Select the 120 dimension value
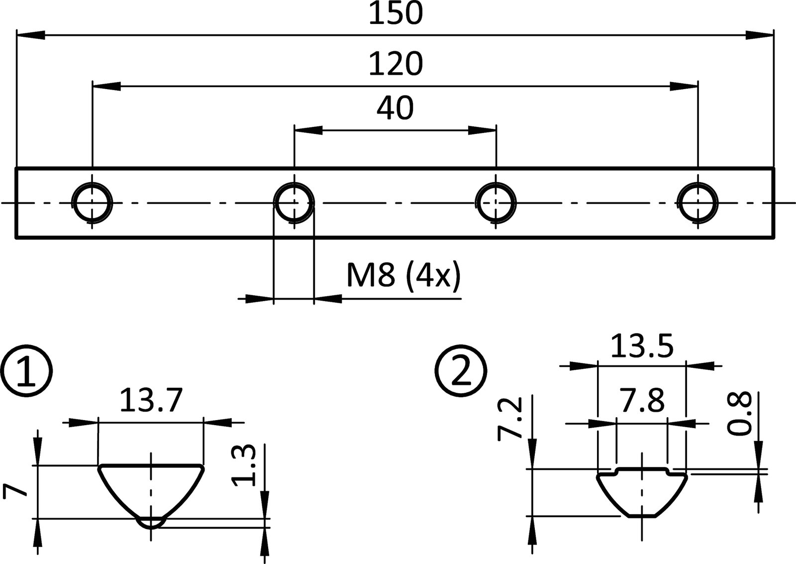click(396, 64)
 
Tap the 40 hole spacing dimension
click(395, 108)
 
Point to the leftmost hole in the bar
click(93, 203)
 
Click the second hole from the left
click(295, 203)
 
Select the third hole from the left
click(496, 203)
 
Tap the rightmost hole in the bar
click(698, 203)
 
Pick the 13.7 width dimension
click(151, 401)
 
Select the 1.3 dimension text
click(244, 465)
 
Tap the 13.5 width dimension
click(641, 346)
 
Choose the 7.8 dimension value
click(641, 400)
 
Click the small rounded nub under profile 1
click(151, 522)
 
